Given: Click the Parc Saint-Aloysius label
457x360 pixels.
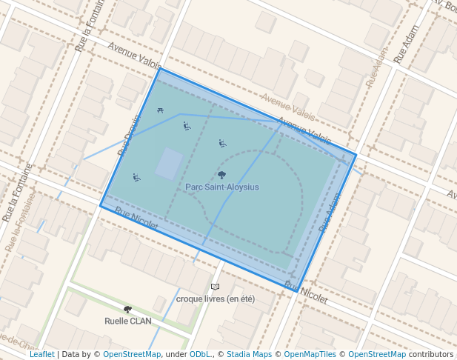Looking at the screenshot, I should pyautogui.click(x=222, y=187).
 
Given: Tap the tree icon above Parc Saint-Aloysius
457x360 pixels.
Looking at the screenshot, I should pyautogui.click(x=222, y=176).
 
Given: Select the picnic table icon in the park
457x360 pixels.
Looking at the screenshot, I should pyautogui.click(x=160, y=111).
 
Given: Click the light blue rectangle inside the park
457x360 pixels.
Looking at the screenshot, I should pyautogui.click(x=169, y=164).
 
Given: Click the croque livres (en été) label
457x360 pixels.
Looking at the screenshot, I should pyautogui.click(x=216, y=299).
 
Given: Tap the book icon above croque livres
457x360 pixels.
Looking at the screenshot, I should pyautogui.click(x=215, y=287).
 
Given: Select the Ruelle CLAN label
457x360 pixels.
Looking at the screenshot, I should pyautogui.click(x=128, y=321).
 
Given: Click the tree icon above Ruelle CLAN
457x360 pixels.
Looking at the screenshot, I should pyautogui.click(x=128, y=309).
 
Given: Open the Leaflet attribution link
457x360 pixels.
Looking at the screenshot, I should pyautogui.click(x=42, y=355).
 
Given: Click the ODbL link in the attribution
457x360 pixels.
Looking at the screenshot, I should pyautogui.click(x=200, y=355).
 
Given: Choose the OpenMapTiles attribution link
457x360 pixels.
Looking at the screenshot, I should pyautogui.click(x=310, y=355).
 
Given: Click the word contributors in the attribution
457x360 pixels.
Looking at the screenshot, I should pyautogui.click(x=431, y=355).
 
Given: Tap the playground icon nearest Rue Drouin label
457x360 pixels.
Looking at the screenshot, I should pyautogui.click(x=136, y=178).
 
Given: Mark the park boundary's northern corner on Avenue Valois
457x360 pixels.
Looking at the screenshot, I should pyautogui.click(x=159, y=69).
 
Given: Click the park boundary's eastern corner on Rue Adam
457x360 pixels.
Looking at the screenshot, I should pyautogui.click(x=356, y=155).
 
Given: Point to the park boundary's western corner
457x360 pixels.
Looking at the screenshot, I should pyautogui.click(x=101, y=206).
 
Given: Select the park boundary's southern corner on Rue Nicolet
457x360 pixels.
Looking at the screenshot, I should pyautogui.click(x=298, y=292).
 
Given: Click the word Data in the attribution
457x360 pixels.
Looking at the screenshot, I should pyautogui.click(x=72, y=355).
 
